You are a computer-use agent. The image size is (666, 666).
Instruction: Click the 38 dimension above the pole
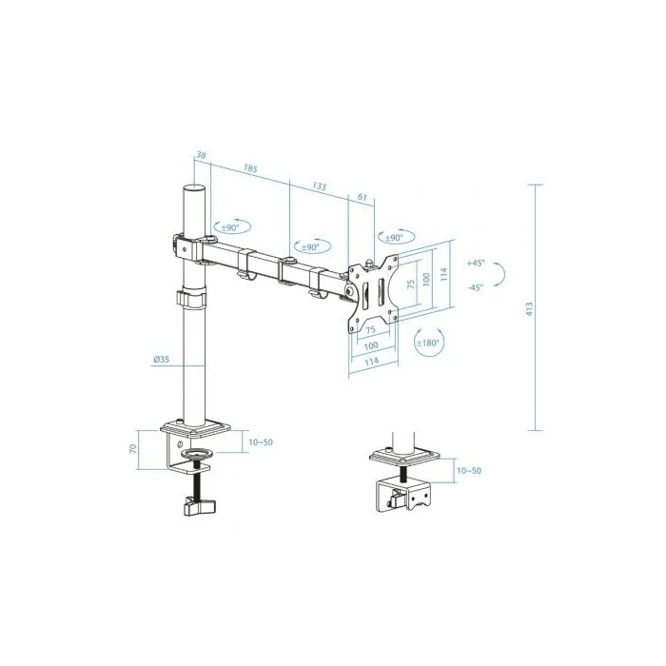coord(201,155)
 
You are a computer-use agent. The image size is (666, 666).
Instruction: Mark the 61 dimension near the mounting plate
coord(362,198)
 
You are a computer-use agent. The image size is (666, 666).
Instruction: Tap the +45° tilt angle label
coord(476,263)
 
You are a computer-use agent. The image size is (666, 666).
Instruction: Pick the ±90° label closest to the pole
coord(231,227)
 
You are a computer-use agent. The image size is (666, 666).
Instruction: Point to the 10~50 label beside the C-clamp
coord(260,442)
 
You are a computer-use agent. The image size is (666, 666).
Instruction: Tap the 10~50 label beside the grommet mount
coord(468,471)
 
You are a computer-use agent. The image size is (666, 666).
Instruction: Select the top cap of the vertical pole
coord(192,189)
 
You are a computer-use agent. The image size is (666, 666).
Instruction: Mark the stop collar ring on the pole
coord(191,300)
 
